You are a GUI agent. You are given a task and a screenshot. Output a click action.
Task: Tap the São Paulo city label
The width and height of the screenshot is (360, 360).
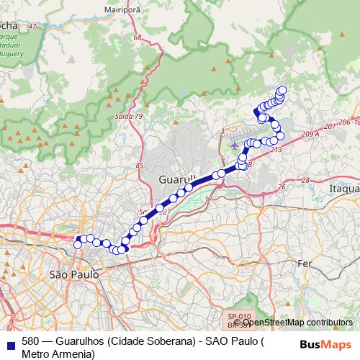point(71,274)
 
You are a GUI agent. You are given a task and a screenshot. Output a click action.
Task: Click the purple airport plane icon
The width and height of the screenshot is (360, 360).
point(234,146)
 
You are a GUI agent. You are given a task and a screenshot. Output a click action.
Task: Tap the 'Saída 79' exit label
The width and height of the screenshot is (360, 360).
point(129,116)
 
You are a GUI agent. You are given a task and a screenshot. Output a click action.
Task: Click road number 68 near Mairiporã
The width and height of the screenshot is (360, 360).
point(138,37)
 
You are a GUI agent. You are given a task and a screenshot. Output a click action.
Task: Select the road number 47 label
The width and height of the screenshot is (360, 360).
point(31,27)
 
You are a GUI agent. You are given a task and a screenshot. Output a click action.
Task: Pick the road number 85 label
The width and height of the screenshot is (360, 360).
point(140,166)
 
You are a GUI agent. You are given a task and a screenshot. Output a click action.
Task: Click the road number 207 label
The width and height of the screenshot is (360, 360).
point(330,126)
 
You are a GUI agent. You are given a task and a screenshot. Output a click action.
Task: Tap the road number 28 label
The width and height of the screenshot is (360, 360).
point(305,179)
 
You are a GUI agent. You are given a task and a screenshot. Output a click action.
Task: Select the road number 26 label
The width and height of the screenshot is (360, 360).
point(281,186)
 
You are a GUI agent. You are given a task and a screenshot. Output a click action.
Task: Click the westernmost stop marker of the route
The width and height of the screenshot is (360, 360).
point(78,245)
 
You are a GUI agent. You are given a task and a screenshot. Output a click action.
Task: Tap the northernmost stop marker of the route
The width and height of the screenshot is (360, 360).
point(282,90)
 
